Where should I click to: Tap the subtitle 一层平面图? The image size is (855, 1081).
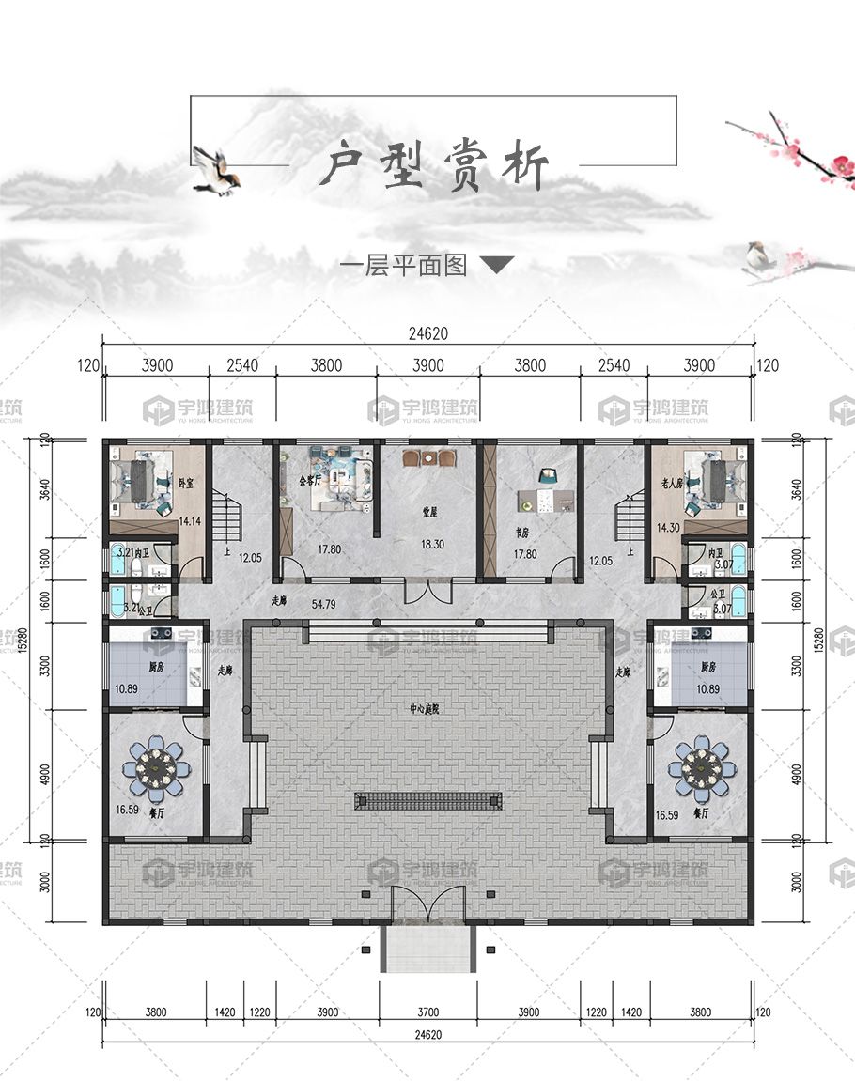[403, 266]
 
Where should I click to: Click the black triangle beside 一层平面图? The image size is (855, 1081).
[497, 265]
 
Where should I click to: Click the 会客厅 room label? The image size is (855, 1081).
[310, 478]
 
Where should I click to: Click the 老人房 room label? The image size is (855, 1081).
[670, 485]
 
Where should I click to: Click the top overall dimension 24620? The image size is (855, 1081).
[427, 333]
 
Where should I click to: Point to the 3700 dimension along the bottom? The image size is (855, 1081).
[427, 1012]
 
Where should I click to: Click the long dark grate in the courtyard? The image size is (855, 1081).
[428, 801]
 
